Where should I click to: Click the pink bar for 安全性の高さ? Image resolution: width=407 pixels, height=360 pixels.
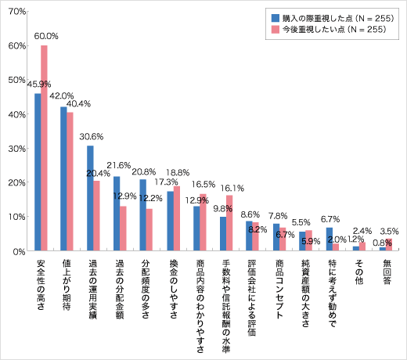click(45, 149)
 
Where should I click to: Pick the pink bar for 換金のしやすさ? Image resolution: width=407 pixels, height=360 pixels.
click(177, 218)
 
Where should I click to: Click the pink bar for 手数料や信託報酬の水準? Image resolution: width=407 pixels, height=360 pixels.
click(229, 223)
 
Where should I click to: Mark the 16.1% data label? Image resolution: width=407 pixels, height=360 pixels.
click(233, 188)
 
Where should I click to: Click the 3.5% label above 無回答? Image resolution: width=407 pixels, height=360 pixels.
click(389, 232)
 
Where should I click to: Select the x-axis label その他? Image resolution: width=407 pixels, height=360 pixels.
click(357, 272)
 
